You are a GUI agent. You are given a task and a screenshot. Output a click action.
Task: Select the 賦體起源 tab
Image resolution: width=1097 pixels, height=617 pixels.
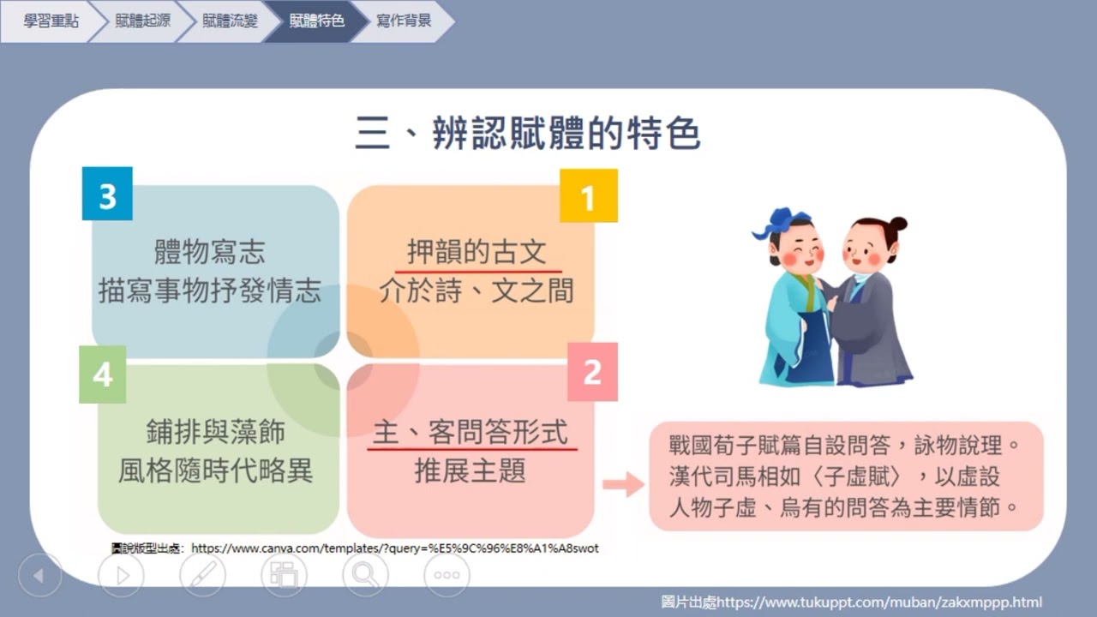click(142, 21)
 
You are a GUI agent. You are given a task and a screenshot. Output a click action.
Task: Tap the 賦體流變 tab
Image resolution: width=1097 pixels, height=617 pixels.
click(230, 21)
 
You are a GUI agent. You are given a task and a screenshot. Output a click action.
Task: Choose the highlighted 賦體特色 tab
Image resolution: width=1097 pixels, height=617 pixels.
click(317, 21)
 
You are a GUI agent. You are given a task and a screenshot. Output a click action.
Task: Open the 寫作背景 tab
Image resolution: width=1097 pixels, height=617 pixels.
click(404, 21)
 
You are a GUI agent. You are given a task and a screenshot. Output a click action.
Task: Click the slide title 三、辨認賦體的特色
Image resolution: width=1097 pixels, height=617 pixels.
click(528, 134)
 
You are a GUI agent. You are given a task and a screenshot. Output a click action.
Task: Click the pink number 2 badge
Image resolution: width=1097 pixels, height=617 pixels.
click(592, 372)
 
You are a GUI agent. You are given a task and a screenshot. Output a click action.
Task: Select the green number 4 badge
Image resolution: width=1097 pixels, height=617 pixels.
click(103, 374)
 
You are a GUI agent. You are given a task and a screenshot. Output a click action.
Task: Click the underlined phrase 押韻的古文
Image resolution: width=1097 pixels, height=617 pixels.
click(477, 252)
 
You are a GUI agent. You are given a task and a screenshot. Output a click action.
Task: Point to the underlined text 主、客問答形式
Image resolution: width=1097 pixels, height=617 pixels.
click(471, 433)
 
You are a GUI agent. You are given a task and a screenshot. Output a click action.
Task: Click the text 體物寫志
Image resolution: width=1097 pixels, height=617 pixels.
click(210, 252)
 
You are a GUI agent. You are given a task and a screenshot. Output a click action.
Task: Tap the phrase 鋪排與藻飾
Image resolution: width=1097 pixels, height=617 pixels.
click(215, 433)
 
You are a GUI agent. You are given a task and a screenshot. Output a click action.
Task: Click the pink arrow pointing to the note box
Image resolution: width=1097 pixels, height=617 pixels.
click(623, 484)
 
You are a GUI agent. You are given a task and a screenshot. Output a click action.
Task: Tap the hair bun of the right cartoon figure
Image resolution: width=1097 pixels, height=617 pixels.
click(897, 225)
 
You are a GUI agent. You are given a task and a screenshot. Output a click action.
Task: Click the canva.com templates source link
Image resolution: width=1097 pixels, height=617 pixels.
click(394, 548)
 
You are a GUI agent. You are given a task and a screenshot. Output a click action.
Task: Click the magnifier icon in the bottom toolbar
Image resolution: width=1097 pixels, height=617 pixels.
click(365, 575)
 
